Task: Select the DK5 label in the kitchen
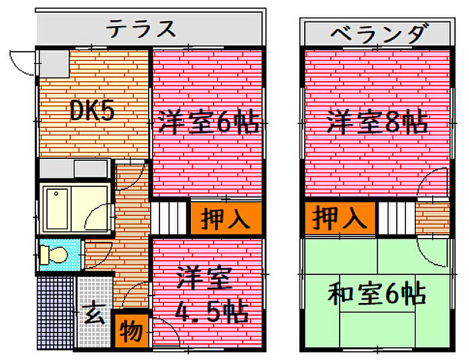[92, 111]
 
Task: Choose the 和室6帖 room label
[377, 294]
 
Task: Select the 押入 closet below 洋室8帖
[340, 217]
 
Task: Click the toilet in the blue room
[54, 255]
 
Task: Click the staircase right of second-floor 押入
[395, 218]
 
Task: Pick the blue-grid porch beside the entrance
[54, 312]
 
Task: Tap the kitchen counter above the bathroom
[74, 168]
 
